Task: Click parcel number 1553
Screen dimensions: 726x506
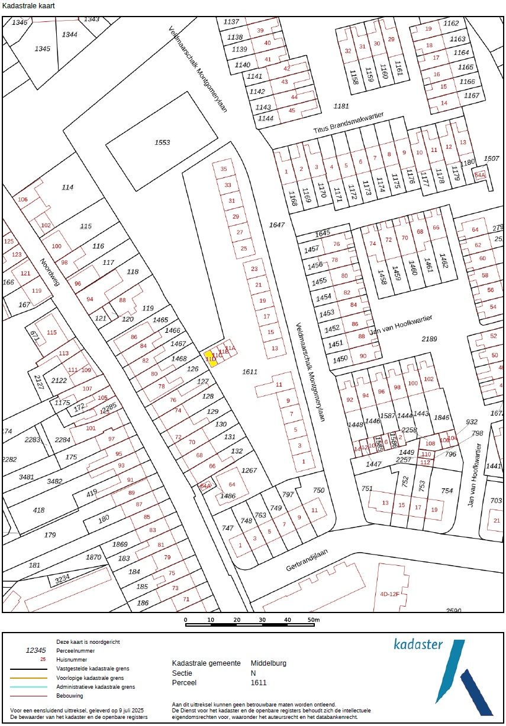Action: [x=162, y=142]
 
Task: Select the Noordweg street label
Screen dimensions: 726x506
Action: [x=50, y=273]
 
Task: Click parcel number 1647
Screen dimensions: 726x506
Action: [x=276, y=225]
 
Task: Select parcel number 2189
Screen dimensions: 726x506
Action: [x=428, y=339]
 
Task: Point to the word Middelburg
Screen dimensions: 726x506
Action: [x=268, y=663]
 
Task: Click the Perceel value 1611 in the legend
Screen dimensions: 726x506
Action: [x=259, y=682]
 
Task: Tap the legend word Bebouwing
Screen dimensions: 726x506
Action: [x=70, y=696]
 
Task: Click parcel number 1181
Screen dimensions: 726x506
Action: [x=341, y=106]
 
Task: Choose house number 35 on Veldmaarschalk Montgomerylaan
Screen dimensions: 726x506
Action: [x=224, y=169]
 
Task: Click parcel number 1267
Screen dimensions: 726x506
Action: [x=249, y=470]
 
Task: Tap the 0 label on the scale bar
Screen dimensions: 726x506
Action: [x=186, y=620]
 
